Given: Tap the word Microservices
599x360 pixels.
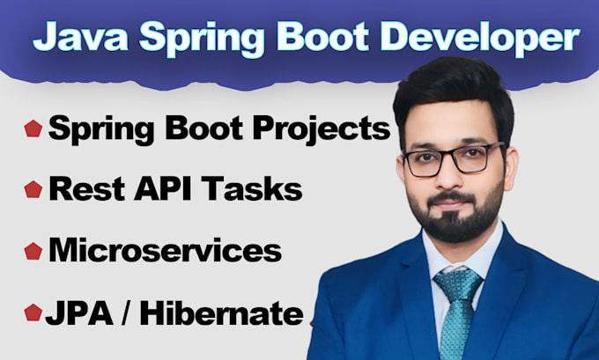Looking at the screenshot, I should pyautogui.click(x=164, y=250).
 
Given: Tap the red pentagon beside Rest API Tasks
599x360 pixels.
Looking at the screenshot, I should pyautogui.click(x=33, y=189).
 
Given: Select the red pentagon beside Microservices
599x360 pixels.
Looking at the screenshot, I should pyautogui.click(x=33, y=251).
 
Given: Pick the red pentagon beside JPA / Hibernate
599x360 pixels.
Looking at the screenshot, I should pyautogui.click(x=33, y=312).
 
